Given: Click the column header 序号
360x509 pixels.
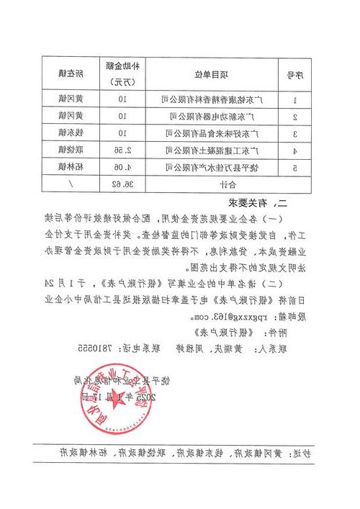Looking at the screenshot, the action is pyautogui.click(x=294, y=74).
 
